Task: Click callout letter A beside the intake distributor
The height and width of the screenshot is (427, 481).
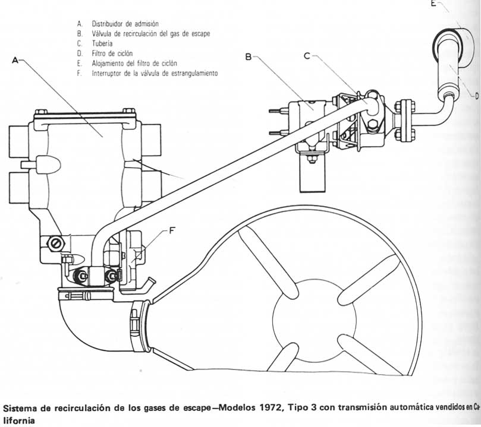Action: click(15, 61)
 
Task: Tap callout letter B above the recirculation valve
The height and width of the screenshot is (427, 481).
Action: click(249, 56)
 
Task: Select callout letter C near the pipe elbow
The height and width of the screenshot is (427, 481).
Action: click(307, 56)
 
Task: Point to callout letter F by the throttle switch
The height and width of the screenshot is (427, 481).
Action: click(172, 230)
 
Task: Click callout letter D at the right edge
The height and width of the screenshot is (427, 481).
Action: click(477, 96)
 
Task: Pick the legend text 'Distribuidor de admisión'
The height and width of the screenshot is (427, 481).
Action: click(125, 24)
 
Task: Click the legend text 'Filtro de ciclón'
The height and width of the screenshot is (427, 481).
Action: click(112, 53)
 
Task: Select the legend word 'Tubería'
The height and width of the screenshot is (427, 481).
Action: click(102, 43)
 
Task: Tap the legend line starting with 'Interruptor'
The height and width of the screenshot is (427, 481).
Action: click(155, 73)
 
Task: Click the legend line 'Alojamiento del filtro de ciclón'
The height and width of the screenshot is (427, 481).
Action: click(134, 63)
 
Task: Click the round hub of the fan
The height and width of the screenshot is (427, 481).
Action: click(315, 320)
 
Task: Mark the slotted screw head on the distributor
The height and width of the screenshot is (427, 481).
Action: click(55, 243)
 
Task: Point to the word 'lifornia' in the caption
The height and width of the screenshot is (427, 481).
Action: click(19, 420)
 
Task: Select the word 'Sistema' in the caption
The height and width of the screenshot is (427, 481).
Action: click(21, 409)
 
